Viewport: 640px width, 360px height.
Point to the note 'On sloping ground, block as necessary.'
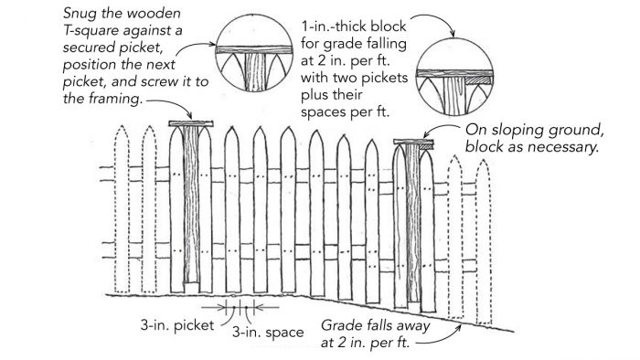coord(530,139)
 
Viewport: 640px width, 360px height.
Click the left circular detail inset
coord(250,53)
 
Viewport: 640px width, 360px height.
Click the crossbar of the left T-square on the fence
coord(191,124)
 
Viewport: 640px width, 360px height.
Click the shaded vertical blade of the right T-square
coord(416,219)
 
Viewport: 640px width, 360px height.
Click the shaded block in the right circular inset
coord(479,81)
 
